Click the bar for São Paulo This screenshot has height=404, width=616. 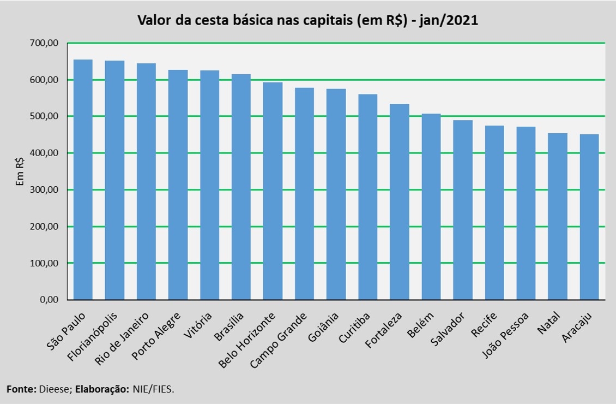[83, 180]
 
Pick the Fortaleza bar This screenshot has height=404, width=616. [400, 202]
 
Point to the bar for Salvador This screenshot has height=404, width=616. [463, 210]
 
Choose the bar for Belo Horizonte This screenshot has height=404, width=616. [273, 191]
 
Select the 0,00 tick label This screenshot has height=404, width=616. [51, 300]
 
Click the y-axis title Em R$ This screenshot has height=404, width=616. [20, 171]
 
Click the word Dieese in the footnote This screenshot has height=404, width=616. [54, 389]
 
